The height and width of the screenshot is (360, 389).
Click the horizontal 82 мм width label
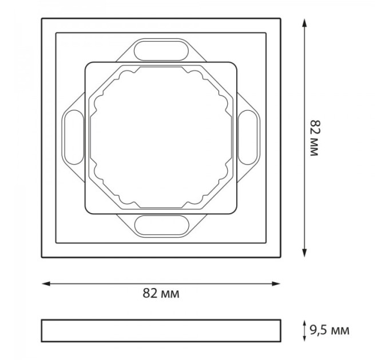161,293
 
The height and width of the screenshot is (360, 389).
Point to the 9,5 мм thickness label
330,330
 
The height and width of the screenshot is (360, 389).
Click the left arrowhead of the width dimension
46,283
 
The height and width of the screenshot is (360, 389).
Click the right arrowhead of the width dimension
276,283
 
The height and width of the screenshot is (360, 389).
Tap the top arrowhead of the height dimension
304,23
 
